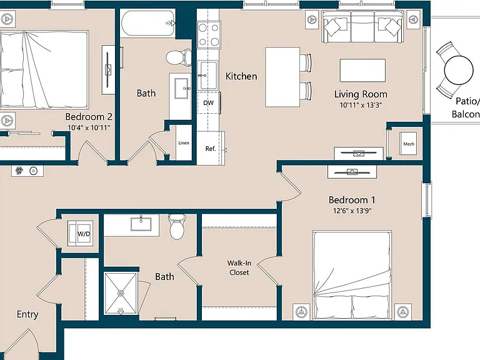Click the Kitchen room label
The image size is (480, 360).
(241, 76)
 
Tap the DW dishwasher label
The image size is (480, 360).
(209, 103)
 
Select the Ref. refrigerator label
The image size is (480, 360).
(211, 149)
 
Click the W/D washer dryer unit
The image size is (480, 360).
(80, 233)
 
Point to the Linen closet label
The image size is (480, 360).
(184, 143)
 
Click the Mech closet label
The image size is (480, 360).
(409, 144)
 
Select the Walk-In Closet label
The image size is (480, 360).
(239, 267)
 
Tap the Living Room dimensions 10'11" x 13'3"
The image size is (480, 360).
(361, 105)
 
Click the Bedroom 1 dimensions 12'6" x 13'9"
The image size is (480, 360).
(352, 211)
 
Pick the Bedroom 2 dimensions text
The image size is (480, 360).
(89, 127)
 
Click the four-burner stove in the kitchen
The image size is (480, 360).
(209, 34)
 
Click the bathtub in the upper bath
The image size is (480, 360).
(148, 23)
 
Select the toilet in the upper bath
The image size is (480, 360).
(179, 57)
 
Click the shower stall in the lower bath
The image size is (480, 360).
(121, 293)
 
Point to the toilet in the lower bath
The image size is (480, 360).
(177, 227)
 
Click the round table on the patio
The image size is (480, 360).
(459, 70)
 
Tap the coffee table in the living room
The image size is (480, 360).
(362, 71)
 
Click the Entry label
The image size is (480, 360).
(27, 315)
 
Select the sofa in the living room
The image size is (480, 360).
(362, 27)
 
